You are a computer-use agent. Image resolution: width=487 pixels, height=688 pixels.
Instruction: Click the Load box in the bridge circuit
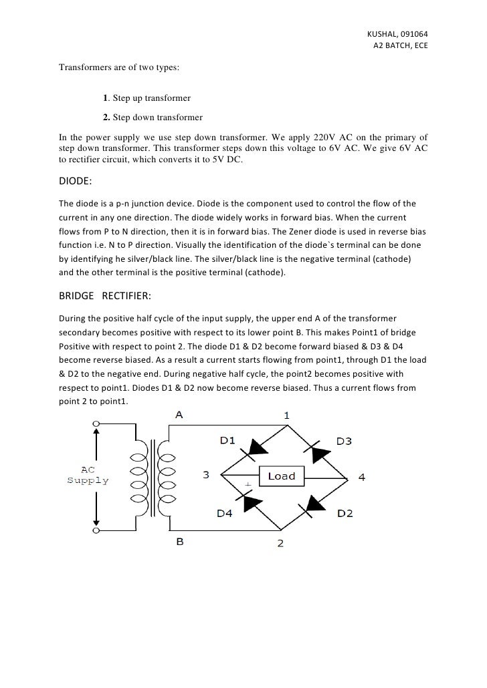(x=282, y=476)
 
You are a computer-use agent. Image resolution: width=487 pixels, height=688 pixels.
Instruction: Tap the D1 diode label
(x=228, y=441)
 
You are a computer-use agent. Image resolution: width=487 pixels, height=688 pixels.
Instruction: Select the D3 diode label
(x=345, y=441)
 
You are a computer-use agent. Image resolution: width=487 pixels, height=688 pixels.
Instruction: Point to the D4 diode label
(x=225, y=513)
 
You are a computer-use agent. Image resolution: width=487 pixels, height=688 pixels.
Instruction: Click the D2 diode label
(x=345, y=513)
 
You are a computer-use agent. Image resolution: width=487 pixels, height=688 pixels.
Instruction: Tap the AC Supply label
(x=90, y=475)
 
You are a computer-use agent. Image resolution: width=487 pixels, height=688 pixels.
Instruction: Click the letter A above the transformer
(x=179, y=415)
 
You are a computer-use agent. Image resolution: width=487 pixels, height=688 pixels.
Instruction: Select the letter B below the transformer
(x=179, y=542)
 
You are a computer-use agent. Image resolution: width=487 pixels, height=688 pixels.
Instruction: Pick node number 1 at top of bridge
(x=287, y=415)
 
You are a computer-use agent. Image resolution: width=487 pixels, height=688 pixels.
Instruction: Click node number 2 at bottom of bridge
(x=280, y=543)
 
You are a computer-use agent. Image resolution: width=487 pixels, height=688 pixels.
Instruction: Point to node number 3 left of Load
(x=206, y=476)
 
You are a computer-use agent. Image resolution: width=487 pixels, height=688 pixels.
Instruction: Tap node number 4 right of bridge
(x=361, y=477)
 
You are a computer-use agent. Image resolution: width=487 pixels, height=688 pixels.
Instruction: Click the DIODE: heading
(x=77, y=181)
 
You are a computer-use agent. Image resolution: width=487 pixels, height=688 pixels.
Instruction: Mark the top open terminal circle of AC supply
(x=96, y=423)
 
